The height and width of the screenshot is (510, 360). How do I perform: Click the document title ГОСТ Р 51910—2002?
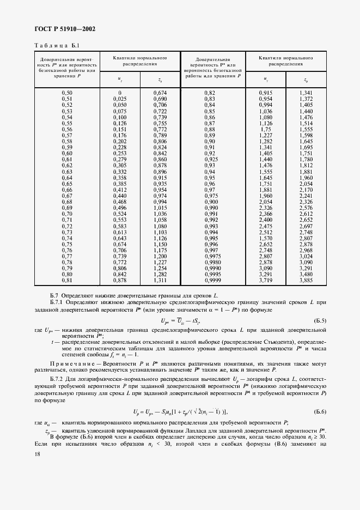tap(61, 29)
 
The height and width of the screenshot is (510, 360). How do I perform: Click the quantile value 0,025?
tap(119, 99)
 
